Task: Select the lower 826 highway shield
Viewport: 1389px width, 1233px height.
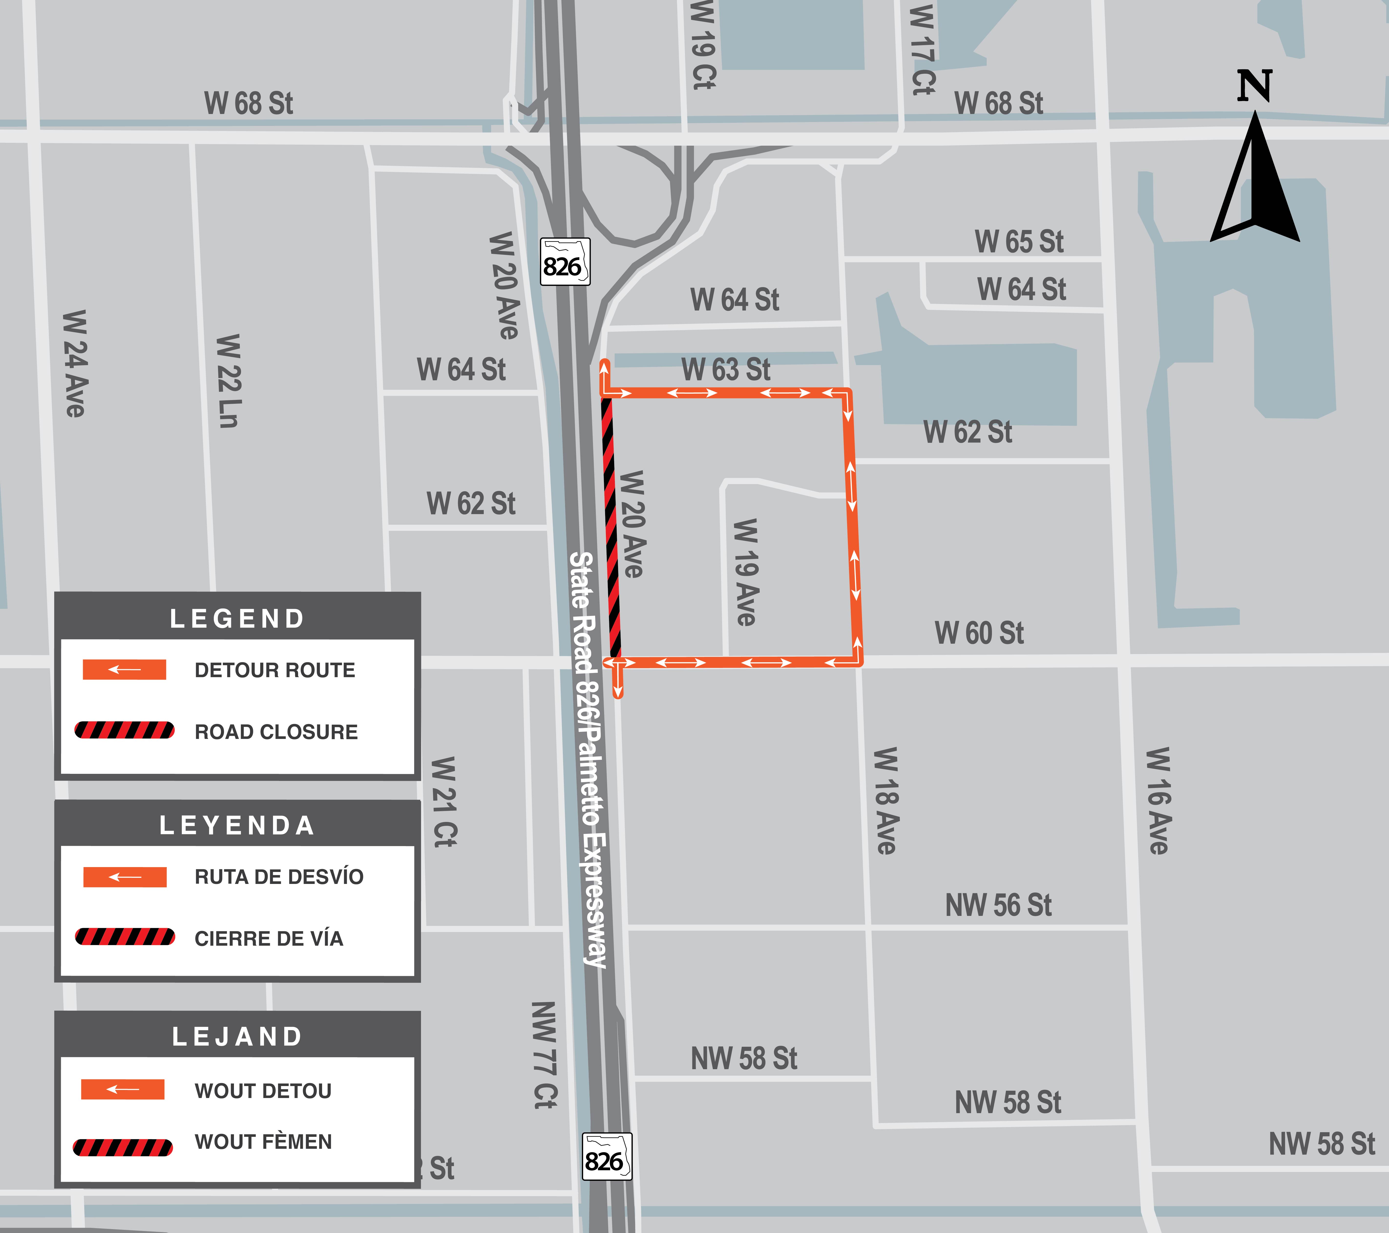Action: pyautogui.click(x=607, y=1156)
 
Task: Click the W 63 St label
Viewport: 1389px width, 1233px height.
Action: pyautogui.click(x=726, y=370)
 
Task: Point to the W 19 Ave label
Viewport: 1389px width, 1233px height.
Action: pyautogui.click(x=746, y=572)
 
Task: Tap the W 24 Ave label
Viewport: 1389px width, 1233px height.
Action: pyautogui.click(x=75, y=364)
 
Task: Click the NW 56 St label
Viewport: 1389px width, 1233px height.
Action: pyautogui.click(x=998, y=906)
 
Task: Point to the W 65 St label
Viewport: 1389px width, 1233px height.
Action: pyautogui.click(x=1019, y=242)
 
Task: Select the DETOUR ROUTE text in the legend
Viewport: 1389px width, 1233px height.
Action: pyautogui.click(x=274, y=671)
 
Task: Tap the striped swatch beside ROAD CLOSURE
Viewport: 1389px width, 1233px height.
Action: pyautogui.click(x=124, y=730)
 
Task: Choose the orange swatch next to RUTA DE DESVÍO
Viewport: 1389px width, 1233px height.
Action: pyautogui.click(x=124, y=877)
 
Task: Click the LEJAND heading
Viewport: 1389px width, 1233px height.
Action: pyautogui.click(x=237, y=1037)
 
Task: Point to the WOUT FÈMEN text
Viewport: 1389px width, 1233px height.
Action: pyautogui.click(x=263, y=1142)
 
